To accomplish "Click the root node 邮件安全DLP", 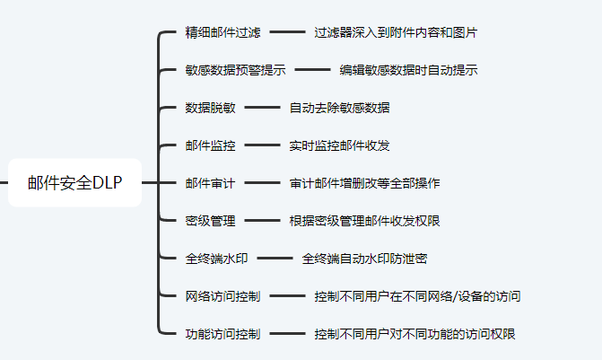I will (74, 182).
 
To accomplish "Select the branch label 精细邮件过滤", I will (222, 32).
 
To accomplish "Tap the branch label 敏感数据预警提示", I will (235, 70).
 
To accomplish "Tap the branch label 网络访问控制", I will (222, 296).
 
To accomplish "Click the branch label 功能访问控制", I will (222, 334).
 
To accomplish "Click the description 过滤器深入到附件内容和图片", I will (396, 32).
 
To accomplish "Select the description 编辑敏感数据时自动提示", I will (408, 70).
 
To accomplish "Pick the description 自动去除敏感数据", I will (339, 108).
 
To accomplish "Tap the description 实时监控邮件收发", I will (339, 145).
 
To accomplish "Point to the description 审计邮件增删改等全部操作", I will (364, 183).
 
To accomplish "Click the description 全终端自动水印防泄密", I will (364, 259).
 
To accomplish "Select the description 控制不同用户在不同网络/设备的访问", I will (417, 296).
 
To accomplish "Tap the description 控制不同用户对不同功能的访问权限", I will (414, 334).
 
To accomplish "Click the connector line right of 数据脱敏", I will (262, 108).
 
